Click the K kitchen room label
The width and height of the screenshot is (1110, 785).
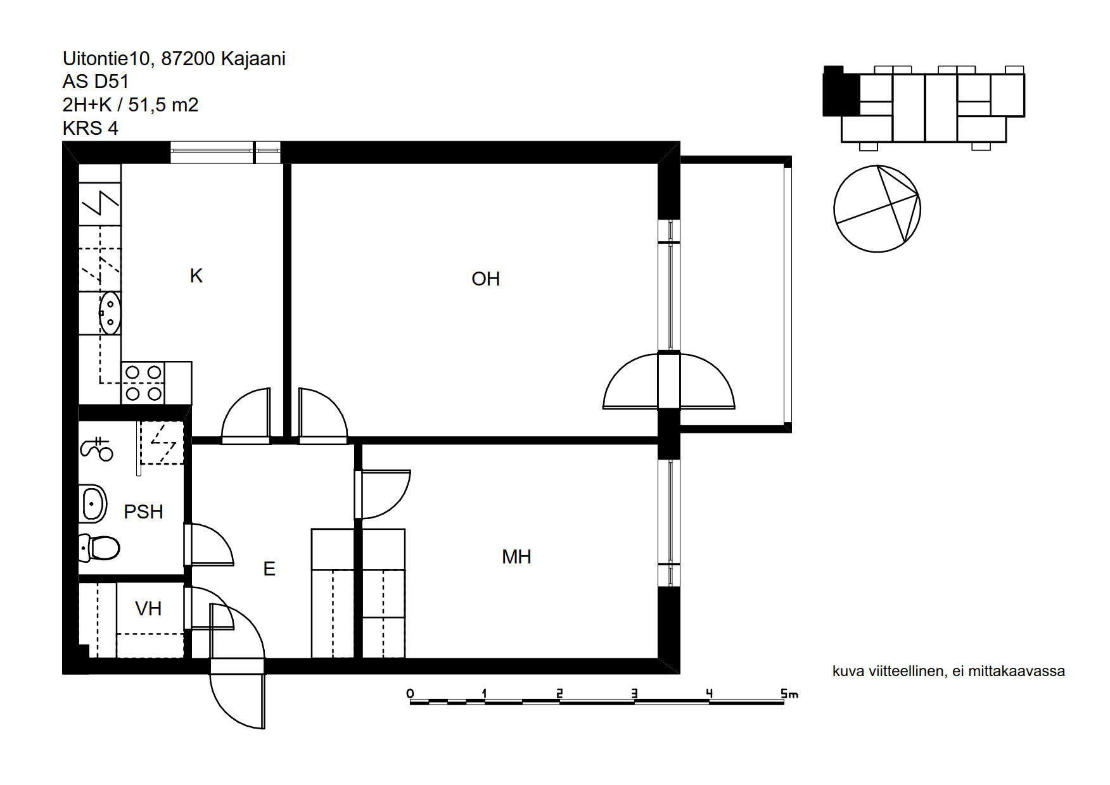coord(196,276)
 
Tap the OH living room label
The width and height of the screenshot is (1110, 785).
coord(486,279)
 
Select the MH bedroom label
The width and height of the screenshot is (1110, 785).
coord(516,557)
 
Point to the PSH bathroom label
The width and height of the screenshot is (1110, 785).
coord(143,512)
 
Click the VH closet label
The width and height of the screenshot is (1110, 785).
coord(148,609)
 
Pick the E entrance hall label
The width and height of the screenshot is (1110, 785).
coord(269,569)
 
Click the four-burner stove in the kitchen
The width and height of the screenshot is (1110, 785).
coord(143,383)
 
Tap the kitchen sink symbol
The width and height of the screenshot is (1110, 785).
coord(110,313)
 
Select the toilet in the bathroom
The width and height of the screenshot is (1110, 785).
coord(99,548)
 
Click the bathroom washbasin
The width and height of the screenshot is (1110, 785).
coord(92,504)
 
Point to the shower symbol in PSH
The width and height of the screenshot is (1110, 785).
coord(96,448)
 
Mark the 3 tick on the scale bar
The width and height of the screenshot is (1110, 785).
coord(634,694)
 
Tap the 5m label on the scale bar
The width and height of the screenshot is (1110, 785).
coord(789,694)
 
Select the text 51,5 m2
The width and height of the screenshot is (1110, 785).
coord(163,105)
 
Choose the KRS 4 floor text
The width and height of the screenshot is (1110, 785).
coord(91,129)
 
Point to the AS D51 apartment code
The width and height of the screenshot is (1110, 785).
coord(96,82)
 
